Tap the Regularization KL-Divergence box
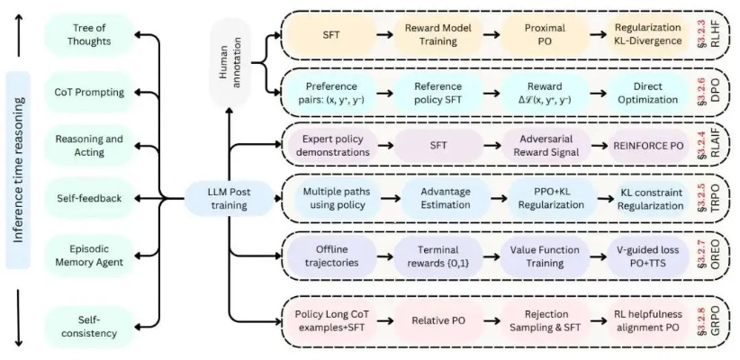click(641, 34)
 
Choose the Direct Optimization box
click(641, 90)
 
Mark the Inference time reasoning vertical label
click(17, 180)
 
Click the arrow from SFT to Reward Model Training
click(380, 34)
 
